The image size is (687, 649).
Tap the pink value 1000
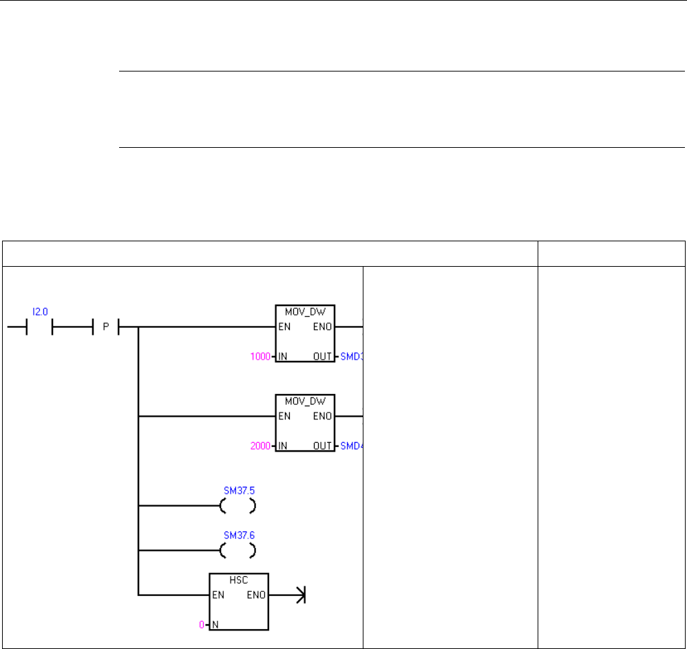coord(260,357)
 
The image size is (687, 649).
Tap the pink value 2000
coord(260,445)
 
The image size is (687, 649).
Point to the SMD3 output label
coord(350,357)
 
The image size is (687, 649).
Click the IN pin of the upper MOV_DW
coord(282,357)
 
